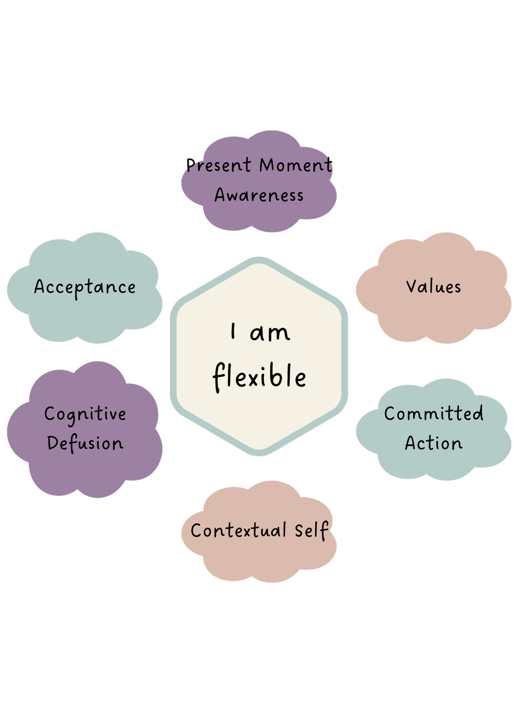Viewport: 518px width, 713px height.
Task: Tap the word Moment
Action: pos(296,165)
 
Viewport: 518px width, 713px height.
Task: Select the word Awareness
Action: pos(259,195)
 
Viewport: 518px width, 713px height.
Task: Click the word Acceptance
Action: pos(85,288)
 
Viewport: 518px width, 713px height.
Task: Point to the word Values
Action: pos(434,287)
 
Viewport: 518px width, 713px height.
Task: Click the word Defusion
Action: pos(85,444)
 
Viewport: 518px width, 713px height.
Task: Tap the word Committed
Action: pos(434,414)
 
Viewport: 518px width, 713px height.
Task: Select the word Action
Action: pos(434,444)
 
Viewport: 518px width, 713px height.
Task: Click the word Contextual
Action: pos(238,531)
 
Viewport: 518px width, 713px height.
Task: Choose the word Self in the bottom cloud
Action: pos(311,531)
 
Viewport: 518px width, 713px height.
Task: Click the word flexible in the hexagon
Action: pos(259,377)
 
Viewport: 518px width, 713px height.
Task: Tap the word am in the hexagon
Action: pos(270,333)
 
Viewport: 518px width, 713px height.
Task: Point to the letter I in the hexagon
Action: pos(233,332)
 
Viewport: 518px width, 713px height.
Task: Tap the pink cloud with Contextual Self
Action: pos(259,560)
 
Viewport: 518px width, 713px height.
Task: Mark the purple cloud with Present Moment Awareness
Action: pos(259,215)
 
